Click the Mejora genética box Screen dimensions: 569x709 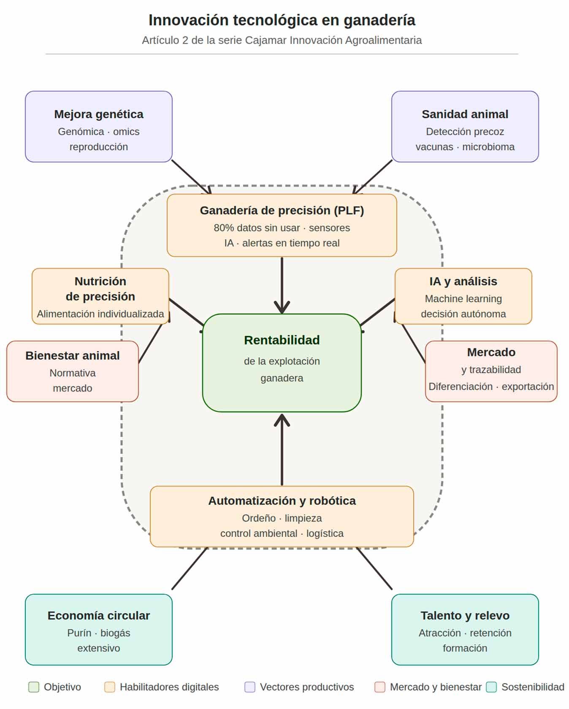pyautogui.click(x=99, y=127)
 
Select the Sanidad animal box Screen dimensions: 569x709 pyautogui.click(x=465, y=127)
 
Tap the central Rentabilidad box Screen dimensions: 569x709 pyautogui.click(x=282, y=363)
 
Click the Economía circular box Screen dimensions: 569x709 pyautogui.click(x=99, y=630)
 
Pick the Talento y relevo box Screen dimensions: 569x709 pyautogui.click(x=465, y=630)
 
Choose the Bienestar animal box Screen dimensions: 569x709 pyautogui.click(x=73, y=371)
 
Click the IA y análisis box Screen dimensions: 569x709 pyautogui.click(x=463, y=296)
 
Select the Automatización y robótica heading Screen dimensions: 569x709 pyautogui.click(x=282, y=501)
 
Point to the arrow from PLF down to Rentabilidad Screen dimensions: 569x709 pyautogui.click(x=282, y=285)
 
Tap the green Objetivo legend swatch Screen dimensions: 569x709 pyautogui.click(x=34, y=687)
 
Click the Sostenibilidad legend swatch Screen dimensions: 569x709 pyautogui.click(x=491, y=687)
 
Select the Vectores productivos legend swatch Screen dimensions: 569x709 pyautogui.click(x=250, y=687)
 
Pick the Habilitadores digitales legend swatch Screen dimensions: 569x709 pyautogui.click(x=110, y=687)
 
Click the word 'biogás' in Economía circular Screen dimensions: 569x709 pyautogui.click(x=115, y=633)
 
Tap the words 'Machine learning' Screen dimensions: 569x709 pyautogui.click(x=463, y=299)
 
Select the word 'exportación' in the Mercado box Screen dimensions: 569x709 pyautogui.click(x=528, y=387)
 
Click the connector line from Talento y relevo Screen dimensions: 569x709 pyautogui.click(x=374, y=568)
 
